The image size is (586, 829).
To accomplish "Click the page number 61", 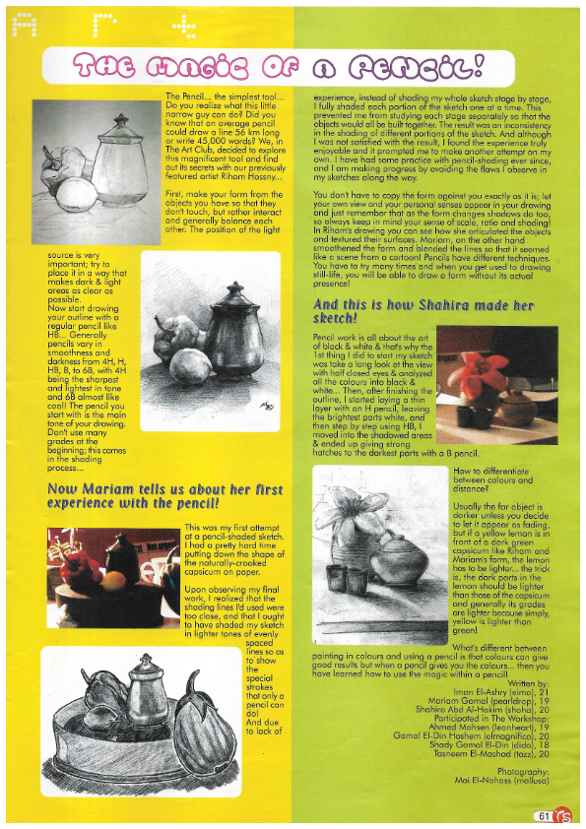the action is (x=543, y=815).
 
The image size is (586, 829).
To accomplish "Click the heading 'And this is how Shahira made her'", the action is (x=423, y=305).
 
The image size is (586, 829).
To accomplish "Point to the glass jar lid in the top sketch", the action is (x=121, y=122).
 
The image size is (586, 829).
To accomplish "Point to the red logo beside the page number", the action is (x=562, y=815).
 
